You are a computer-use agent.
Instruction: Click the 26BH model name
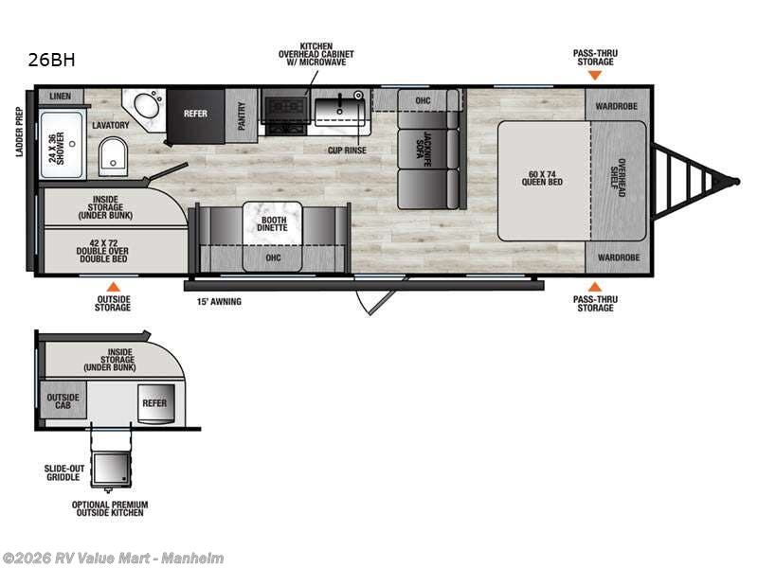(52, 61)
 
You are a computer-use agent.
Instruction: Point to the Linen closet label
(60, 97)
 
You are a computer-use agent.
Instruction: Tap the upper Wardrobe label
(616, 106)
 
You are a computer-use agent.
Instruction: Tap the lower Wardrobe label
(616, 257)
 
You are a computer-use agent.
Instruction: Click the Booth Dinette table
(272, 222)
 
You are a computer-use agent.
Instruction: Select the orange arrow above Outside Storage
(113, 285)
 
